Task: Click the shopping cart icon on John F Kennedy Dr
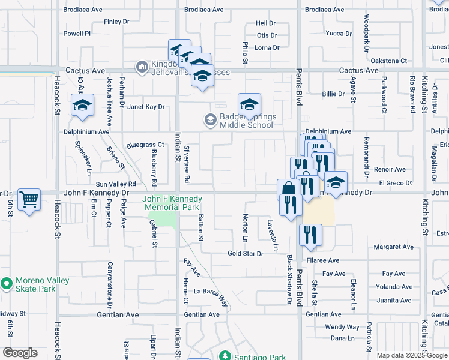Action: (x=29, y=199)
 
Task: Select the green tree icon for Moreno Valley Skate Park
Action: (x=7, y=282)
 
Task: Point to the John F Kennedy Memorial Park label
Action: (x=172, y=203)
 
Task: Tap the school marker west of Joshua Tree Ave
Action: (x=82, y=106)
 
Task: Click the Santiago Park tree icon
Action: (x=224, y=356)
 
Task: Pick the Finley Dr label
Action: (x=116, y=22)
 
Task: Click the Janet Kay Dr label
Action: (x=145, y=107)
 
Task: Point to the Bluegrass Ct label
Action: (x=145, y=145)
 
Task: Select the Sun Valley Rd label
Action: (x=116, y=184)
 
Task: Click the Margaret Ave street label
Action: (x=393, y=247)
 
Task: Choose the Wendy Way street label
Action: (x=342, y=327)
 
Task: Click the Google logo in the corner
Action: (x=20, y=353)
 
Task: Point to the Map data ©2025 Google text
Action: (x=411, y=355)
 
